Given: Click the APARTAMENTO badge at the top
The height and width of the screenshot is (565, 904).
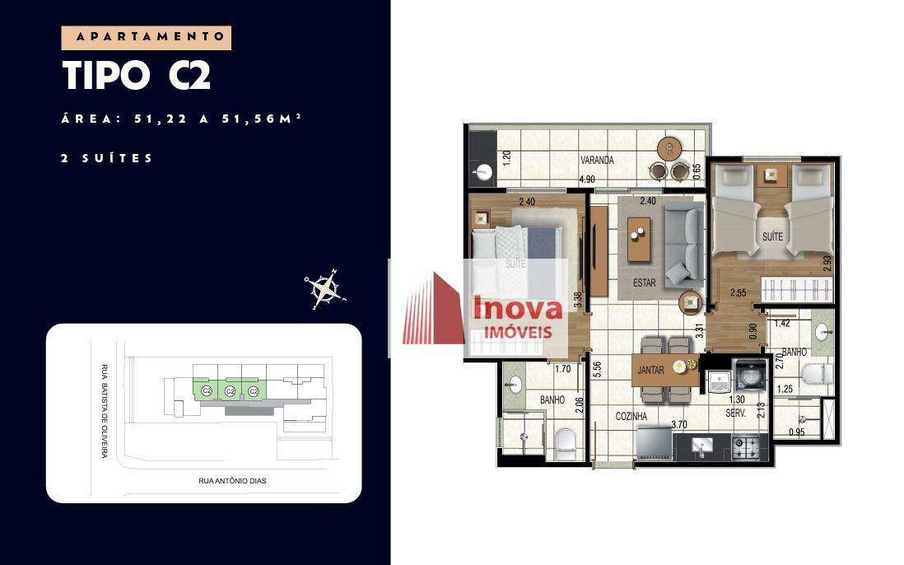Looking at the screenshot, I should click(x=147, y=37).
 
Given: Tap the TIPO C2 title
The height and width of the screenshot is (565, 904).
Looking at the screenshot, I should click(x=137, y=76).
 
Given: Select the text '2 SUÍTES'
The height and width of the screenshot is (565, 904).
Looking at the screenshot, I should click(x=107, y=158).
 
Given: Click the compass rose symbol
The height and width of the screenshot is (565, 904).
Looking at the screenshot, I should click(x=324, y=288).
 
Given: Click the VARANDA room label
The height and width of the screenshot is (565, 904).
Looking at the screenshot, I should click(x=597, y=161).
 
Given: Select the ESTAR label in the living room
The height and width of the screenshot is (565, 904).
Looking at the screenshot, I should click(x=645, y=282).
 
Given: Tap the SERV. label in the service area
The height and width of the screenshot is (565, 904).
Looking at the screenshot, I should click(x=735, y=413).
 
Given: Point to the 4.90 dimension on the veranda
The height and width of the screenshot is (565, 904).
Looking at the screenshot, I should click(x=587, y=180).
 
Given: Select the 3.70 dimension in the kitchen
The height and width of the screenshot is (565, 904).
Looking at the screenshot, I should click(x=679, y=425).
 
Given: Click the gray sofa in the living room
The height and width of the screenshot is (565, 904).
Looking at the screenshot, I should click(x=684, y=241).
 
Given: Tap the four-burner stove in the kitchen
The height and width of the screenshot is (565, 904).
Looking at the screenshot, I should click(x=751, y=447).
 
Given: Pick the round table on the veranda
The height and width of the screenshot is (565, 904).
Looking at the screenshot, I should click(x=669, y=150).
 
